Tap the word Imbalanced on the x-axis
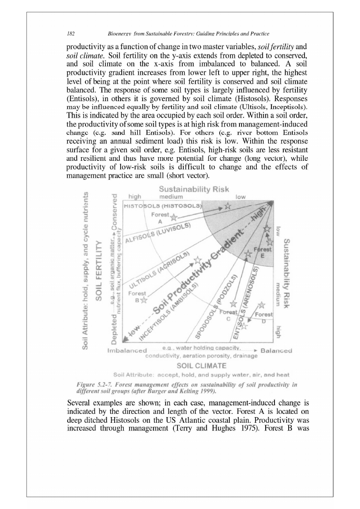127,351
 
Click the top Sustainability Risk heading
194,189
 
